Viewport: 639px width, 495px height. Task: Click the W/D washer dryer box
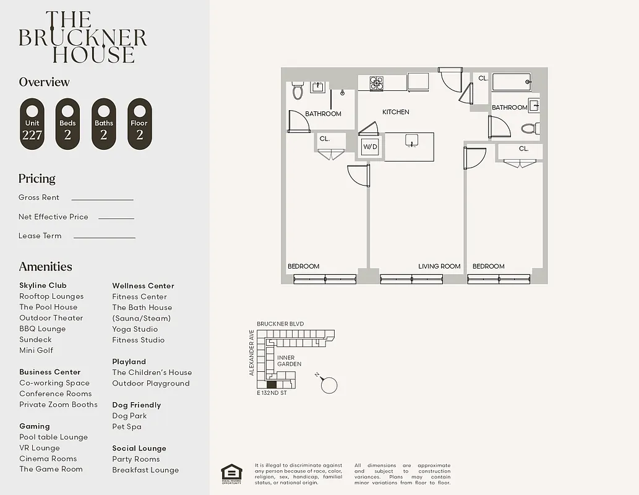pos(370,147)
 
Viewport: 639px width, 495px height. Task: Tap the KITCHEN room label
pos(395,112)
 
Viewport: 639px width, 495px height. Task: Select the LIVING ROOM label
pos(439,266)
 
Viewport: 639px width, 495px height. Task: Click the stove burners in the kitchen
pos(377,83)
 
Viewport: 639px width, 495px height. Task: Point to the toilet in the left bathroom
pos(298,91)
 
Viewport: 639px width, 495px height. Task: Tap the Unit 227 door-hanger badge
pos(32,124)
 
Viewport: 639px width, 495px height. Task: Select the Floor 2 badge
pos(139,124)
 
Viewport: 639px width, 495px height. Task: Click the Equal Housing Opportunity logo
pos(231,473)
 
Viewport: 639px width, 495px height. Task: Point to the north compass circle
pos(330,385)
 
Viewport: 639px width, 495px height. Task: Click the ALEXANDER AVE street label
pos(252,353)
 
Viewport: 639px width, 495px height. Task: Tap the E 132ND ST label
pos(272,393)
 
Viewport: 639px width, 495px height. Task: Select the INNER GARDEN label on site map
pos(289,361)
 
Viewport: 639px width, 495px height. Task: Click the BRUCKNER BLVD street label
pos(280,324)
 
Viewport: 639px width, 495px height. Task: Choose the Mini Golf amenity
pos(36,350)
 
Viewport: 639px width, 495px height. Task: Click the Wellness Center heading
pos(143,286)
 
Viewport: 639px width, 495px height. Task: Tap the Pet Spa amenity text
pos(126,426)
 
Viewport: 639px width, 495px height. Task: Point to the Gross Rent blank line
pos(102,199)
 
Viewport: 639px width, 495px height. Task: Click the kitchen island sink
pos(410,141)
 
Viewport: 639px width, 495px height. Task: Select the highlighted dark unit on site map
pos(271,384)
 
